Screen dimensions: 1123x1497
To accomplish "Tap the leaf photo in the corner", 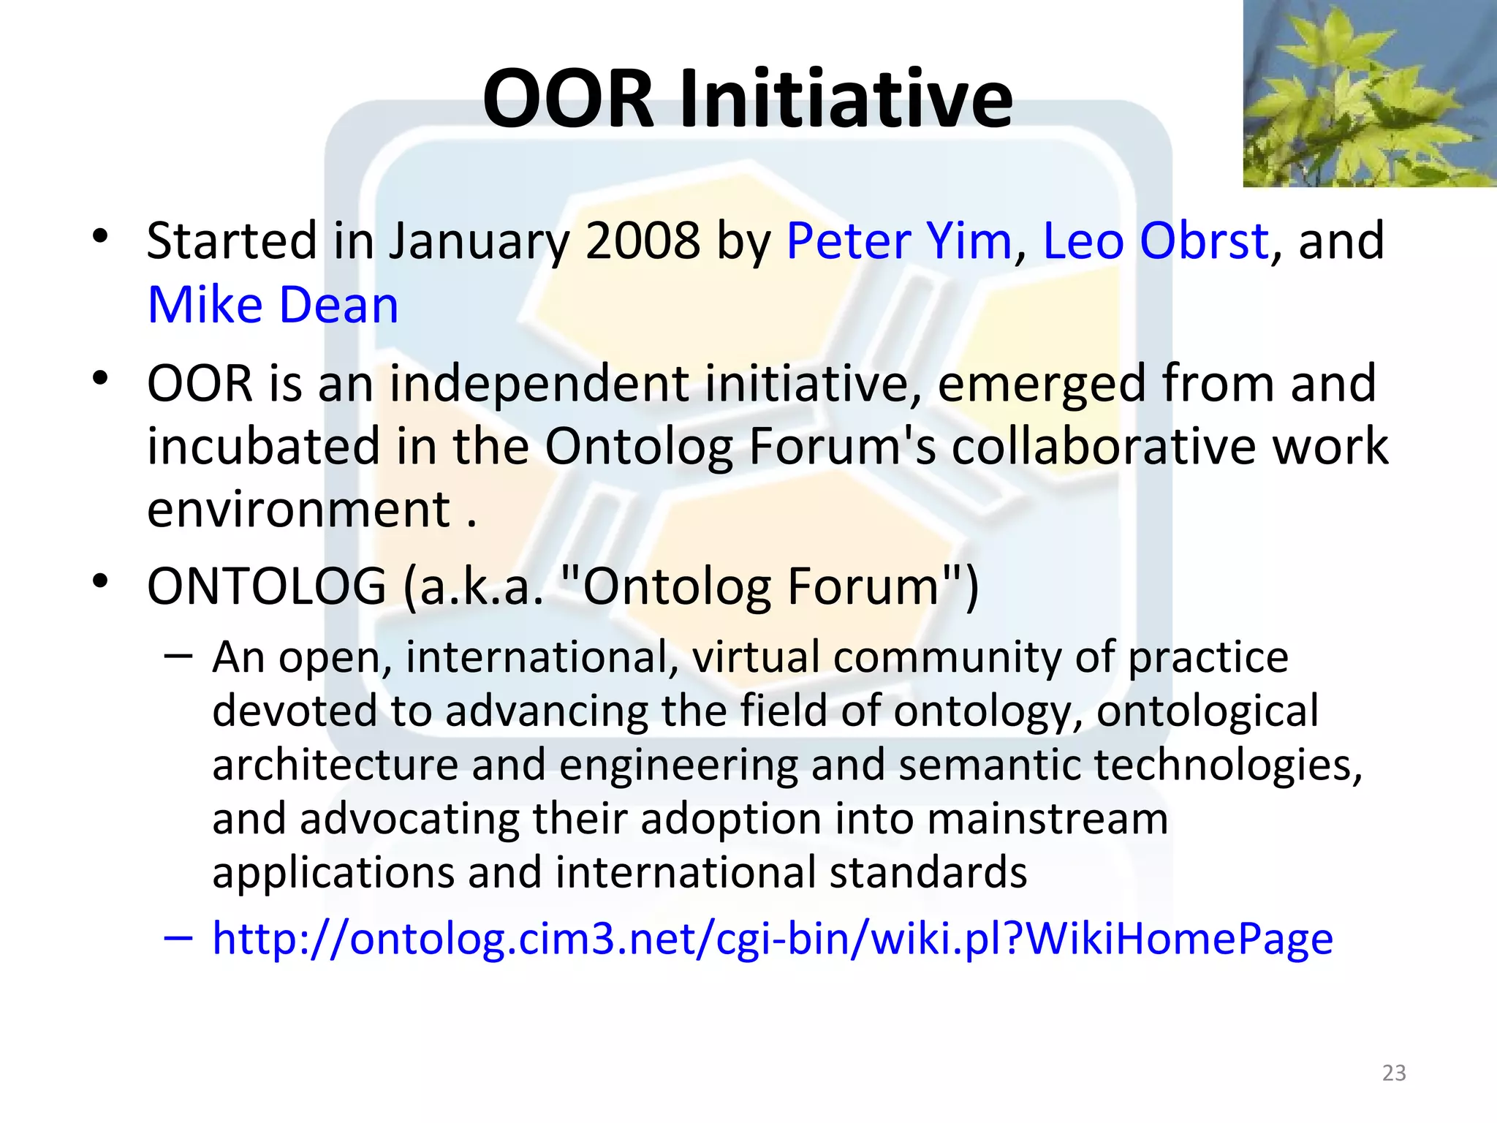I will tap(1369, 94).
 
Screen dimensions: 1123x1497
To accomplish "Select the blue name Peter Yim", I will tap(898, 241).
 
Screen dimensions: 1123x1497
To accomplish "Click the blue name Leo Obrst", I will tap(1156, 241).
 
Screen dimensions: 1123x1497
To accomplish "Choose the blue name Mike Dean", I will tap(273, 305).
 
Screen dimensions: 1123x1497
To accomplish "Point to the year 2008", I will tap(643, 241).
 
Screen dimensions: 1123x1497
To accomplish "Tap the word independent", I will tap(539, 384).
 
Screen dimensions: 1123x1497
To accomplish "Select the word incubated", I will tap(263, 447).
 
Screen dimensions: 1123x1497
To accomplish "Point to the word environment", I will tap(298, 510).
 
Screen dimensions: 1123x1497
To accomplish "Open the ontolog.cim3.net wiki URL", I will tap(772, 939).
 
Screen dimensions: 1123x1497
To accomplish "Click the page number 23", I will tap(1394, 1073).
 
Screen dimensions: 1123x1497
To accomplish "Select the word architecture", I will tap(334, 765).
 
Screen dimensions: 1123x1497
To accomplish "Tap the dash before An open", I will tap(178, 655).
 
